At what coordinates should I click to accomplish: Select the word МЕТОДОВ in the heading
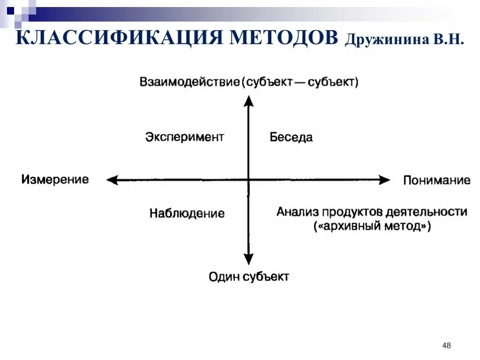click(283, 37)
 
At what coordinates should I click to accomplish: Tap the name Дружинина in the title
click(384, 39)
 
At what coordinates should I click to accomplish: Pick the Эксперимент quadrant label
click(185, 137)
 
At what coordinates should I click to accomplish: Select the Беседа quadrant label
click(291, 137)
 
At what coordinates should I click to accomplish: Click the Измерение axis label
click(55, 180)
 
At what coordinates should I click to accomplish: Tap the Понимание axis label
click(436, 180)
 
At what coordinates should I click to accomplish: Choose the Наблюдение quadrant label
click(187, 214)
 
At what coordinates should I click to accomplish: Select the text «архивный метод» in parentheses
click(372, 226)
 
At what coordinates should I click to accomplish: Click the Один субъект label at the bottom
click(248, 277)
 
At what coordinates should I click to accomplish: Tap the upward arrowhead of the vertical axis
click(249, 100)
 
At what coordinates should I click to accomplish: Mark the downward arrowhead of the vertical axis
click(249, 259)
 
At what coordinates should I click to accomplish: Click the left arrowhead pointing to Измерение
click(112, 180)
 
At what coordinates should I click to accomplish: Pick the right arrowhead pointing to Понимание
click(385, 180)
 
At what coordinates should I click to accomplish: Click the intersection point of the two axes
click(249, 180)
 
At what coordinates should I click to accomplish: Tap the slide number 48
click(446, 346)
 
